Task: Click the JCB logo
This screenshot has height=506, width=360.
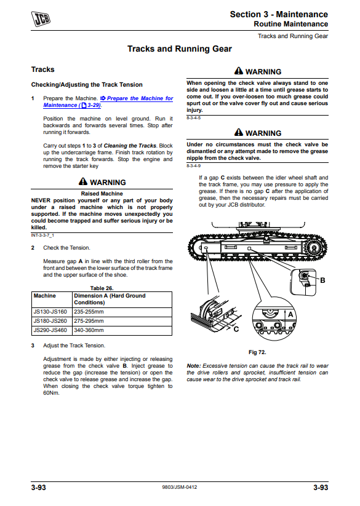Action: tap(41, 18)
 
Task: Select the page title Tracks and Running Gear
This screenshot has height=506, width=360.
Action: tap(180, 49)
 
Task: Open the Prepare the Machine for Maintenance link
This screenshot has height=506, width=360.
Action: tap(108, 101)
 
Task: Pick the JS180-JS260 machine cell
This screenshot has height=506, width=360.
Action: tap(50, 321)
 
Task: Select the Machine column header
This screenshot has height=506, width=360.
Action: tap(44, 296)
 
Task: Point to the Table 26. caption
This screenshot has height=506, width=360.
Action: tap(102, 288)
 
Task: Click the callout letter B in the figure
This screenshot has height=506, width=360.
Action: tap(322, 280)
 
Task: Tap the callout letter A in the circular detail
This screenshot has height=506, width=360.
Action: tap(290, 314)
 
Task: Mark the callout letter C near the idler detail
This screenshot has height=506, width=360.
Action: tap(236, 329)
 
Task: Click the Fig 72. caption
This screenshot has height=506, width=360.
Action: tap(257, 352)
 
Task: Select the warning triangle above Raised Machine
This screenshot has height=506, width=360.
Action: tap(83, 181)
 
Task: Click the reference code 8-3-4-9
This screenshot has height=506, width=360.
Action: tap(193, 166)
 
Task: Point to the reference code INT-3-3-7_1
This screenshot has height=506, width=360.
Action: tap(42, 235)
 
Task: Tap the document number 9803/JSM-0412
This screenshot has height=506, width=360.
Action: tap(180, 487)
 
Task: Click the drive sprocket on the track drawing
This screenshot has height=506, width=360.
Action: tap(313, 248)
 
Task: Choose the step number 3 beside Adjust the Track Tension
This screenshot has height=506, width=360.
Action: tap(33, 346)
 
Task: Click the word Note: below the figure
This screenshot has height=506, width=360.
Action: tap(194, 366)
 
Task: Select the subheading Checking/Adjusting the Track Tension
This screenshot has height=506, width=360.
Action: tap(87, 85)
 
